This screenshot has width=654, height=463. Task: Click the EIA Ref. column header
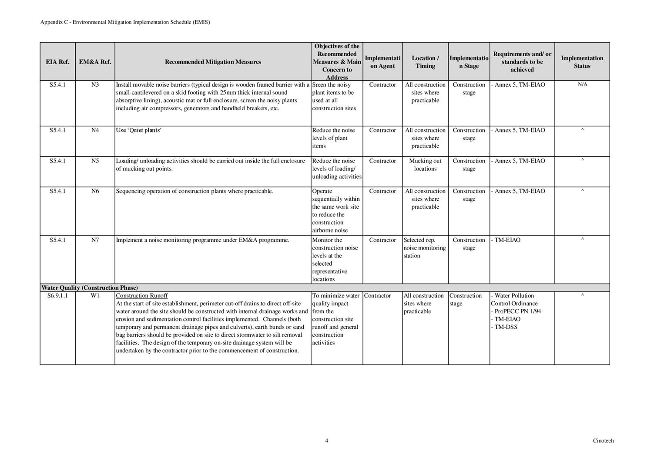[57, 62]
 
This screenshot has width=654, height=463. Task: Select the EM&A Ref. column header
[95, 62]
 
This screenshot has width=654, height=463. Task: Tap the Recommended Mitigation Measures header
[213, 62]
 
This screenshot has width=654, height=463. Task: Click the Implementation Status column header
[582, 62]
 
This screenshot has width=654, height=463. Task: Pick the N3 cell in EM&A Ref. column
[95, 85]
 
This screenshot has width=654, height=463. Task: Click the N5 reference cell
[95, 161]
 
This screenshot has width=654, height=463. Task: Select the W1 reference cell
[95, 296]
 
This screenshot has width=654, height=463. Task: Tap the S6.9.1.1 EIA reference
[57, 296]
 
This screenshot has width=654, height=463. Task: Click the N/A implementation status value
[582, 85]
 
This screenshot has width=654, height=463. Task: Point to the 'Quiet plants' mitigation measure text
[139, 130]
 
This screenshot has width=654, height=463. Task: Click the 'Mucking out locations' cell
[425, 165]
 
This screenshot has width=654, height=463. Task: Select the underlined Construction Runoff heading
[142, 296]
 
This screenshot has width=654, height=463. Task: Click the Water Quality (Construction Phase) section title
[90, 288]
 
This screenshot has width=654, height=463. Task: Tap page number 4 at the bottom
[326, 440]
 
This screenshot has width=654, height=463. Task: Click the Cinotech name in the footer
[603, 440]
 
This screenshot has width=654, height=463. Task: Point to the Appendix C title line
[125, 22]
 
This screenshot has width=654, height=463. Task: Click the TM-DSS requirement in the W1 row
[506, 327]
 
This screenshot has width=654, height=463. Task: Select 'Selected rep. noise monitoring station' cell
[424, 248]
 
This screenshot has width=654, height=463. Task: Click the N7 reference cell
[95, 240]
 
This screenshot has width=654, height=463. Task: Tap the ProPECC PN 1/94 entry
[518, 311]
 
